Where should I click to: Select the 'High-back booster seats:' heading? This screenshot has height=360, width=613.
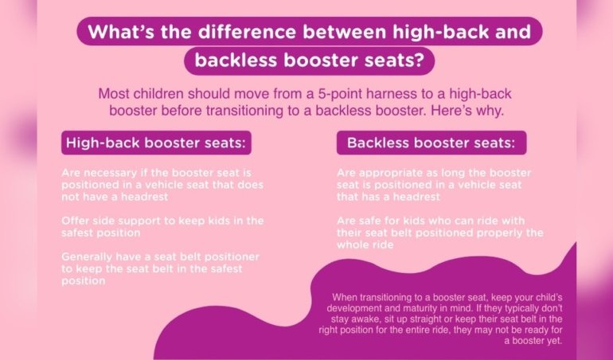point(158,144)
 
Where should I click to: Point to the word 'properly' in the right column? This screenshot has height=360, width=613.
point(492,233)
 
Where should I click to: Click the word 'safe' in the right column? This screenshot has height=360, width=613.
point(373,220)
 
